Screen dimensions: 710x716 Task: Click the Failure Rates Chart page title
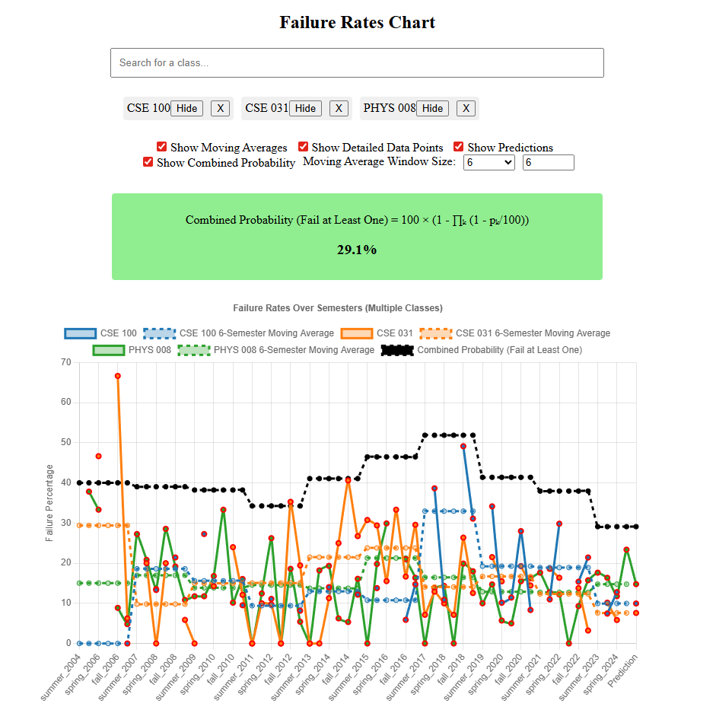pos(357,22)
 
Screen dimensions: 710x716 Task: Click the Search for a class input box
pos(357,62)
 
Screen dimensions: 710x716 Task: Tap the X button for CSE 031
pos(339,108)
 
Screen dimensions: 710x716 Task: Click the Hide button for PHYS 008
pos(432,108)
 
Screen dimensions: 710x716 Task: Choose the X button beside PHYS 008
pos(466,108)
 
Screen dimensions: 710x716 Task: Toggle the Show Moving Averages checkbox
pos(161,147)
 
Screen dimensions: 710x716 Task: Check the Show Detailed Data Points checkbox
pos(303,147)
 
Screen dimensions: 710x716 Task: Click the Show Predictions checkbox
pos(459,147)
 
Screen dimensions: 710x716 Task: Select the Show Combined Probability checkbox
pos(148,162)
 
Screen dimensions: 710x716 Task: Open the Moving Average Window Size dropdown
pos(488,162)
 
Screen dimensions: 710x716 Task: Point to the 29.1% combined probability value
pos(357,250)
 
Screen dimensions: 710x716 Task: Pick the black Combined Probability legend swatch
pos(396,350)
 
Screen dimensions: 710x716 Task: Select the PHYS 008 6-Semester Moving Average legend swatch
pos(193,350)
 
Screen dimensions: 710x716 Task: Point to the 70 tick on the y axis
pos(65,362)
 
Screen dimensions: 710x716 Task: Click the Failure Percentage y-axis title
pos(49,502)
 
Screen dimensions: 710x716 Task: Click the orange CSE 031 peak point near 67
pos(117,376)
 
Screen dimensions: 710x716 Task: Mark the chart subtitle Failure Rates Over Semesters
pos(337,308)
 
